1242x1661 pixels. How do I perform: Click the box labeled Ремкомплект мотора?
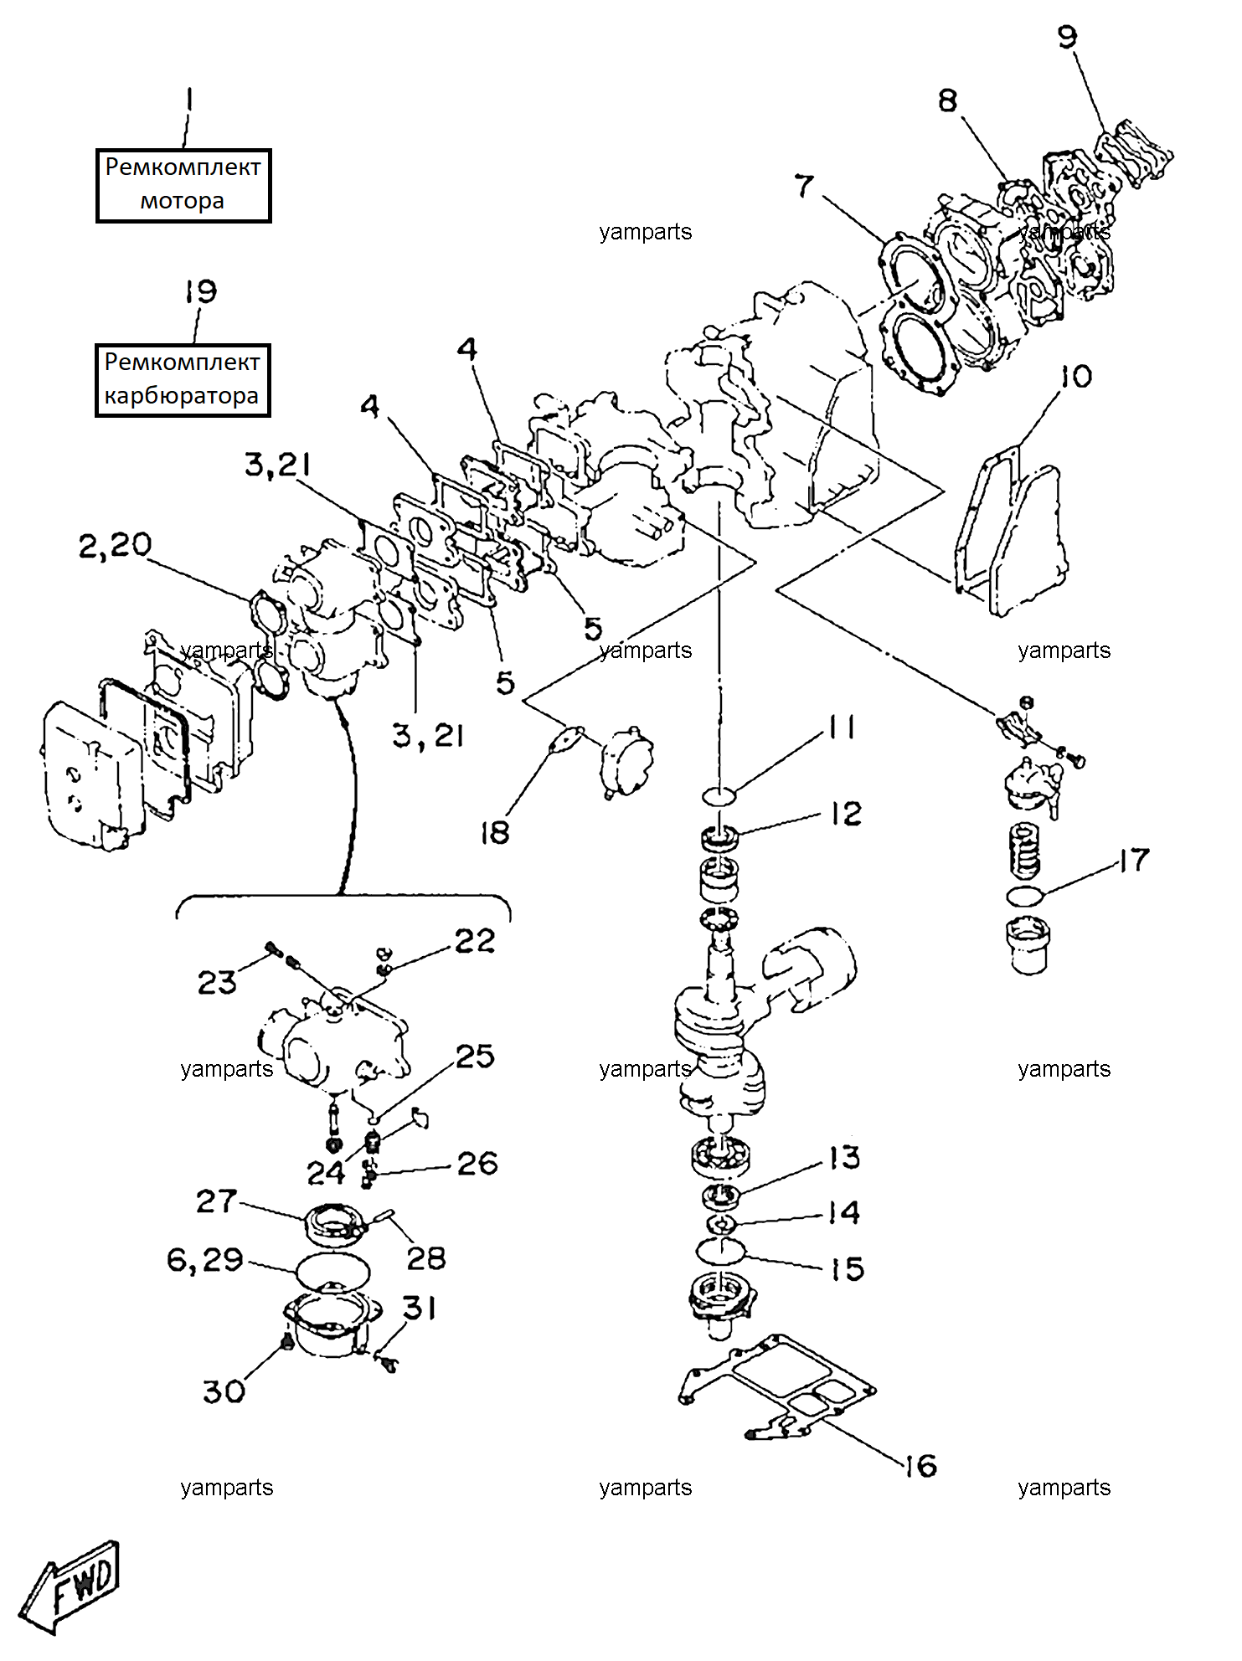(x=183, y=185)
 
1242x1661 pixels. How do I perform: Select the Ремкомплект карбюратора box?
(x=183, y=380)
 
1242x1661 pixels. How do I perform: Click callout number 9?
(x=1067, y=37)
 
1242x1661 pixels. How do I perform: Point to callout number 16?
(x=921, y=1465)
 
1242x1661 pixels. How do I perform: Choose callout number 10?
(x=1076, y=376)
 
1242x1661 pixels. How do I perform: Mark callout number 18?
(x=494, y=832)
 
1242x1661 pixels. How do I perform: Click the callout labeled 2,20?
(x=115, y=545)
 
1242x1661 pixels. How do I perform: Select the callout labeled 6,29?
(x=205, y=1259)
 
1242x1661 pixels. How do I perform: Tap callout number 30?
(x=224, y=1391)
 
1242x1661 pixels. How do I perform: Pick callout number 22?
(x=475, y=940)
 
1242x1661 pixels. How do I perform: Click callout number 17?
(x=1135, y=860)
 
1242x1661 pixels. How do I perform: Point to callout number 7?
(x=804, y=185)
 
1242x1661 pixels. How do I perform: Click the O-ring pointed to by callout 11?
(x=719, y=796)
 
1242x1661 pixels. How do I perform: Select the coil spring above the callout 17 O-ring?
(x=1026, y=851)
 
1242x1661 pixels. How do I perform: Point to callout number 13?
(x=845, y=1158)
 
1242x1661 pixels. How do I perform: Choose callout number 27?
(x=216, y=1201)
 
